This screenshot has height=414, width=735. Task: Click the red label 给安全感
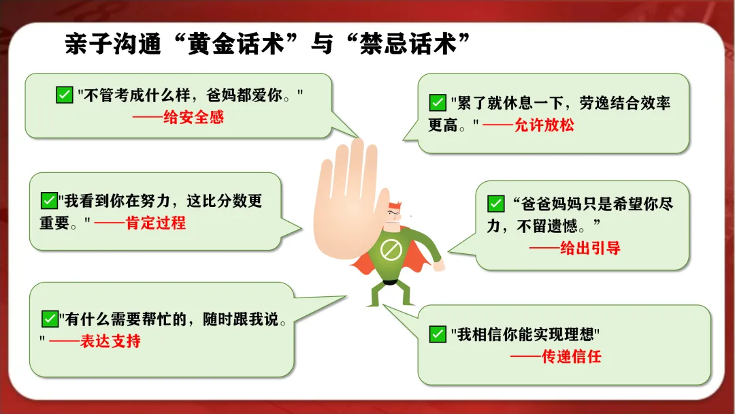click(x=193, y=117)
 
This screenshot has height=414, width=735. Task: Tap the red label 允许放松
click(x=544, y=125)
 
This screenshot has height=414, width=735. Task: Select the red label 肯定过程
click(x=156, y=223)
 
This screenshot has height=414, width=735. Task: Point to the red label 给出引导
click(x=590, y=248)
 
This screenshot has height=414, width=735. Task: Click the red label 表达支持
click(x=110, y=341)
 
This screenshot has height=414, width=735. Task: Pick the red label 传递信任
click(x=572, y=357)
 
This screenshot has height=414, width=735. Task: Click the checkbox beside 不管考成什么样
click(x=64, y=95)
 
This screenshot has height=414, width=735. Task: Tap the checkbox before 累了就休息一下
click(x=438, y=103)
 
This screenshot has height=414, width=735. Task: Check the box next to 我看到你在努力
click(x=49, y=201)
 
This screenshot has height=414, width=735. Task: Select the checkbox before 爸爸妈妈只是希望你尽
click(x=496, y=204)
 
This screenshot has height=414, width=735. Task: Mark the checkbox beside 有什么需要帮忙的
click(x=50, y=319)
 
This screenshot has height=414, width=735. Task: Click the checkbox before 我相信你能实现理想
click(x=438, y=334)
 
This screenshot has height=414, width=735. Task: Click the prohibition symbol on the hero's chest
click(x=391, y=250)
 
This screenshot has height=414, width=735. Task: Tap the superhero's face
click(x=394, y=217)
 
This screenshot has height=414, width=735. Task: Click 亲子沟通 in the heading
click(x=113, y=44)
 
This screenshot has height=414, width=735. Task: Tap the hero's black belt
click(x=390, y=282)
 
